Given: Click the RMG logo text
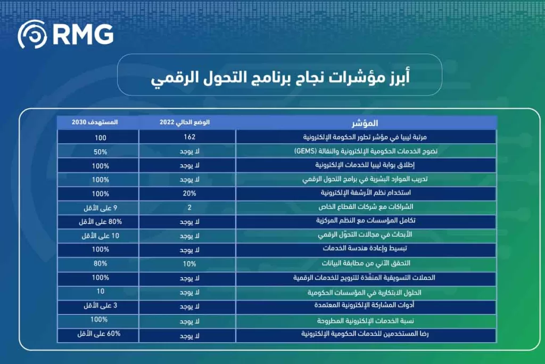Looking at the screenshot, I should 83,35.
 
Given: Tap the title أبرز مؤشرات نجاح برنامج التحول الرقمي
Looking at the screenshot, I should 279,78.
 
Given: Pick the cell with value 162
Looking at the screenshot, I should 188,137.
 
